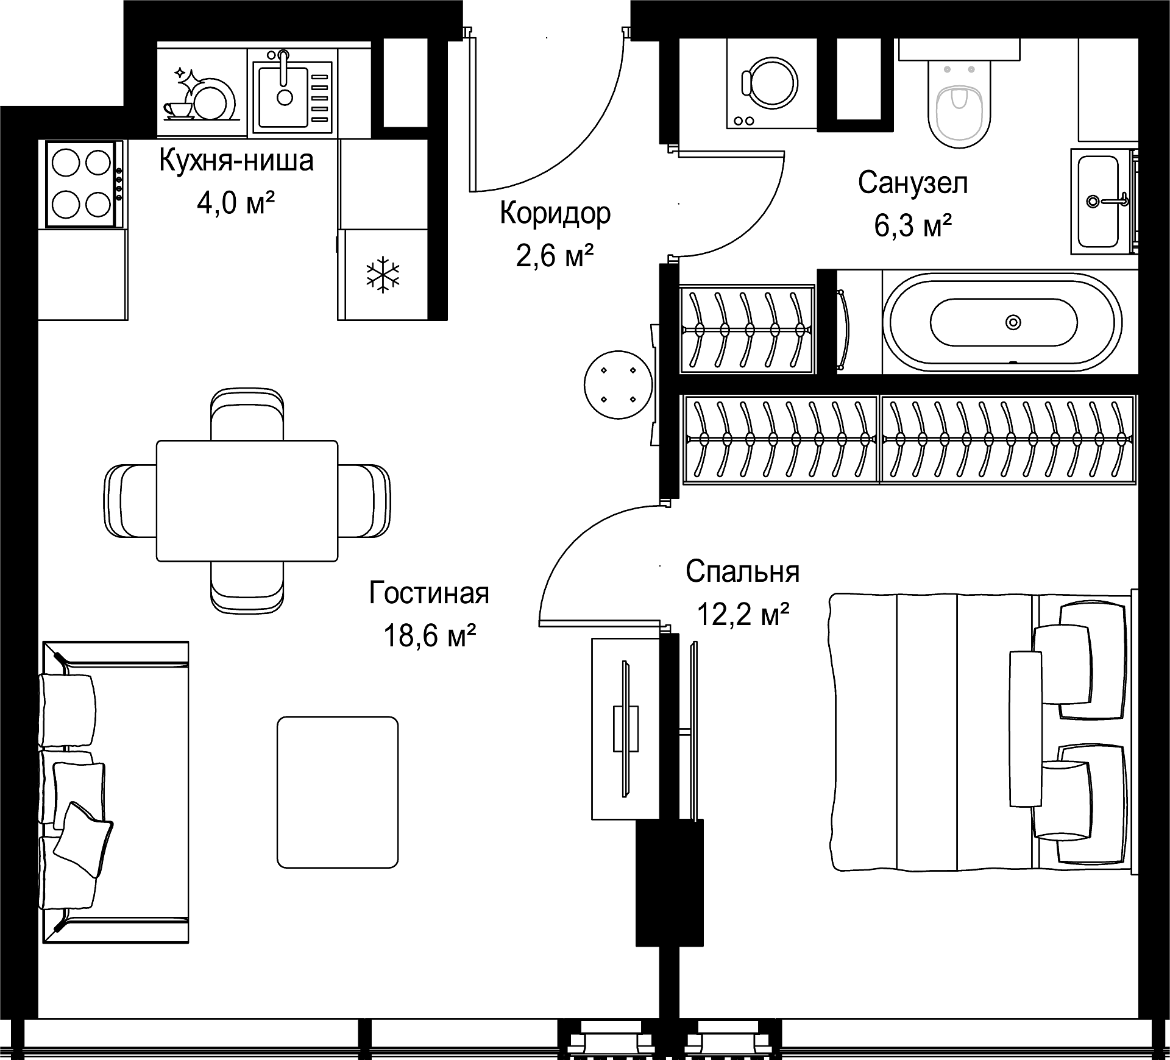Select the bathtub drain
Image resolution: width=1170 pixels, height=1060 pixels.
1013,322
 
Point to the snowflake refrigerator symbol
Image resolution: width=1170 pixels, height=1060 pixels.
383,274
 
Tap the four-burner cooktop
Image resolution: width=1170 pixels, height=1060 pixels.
82,184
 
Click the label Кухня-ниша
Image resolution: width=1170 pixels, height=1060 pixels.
236,161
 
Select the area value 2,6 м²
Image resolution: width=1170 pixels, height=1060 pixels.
555,256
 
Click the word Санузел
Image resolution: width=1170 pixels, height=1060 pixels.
913,183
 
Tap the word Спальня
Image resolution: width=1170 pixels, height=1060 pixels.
742,572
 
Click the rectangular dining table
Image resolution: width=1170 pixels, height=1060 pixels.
247,500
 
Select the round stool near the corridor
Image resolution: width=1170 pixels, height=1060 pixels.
618,384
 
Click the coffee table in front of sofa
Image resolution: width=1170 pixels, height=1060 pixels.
338,792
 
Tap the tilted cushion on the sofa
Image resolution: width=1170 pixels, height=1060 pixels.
83,840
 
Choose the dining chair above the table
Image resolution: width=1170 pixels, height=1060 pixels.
247,414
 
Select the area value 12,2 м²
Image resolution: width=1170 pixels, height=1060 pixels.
743,615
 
